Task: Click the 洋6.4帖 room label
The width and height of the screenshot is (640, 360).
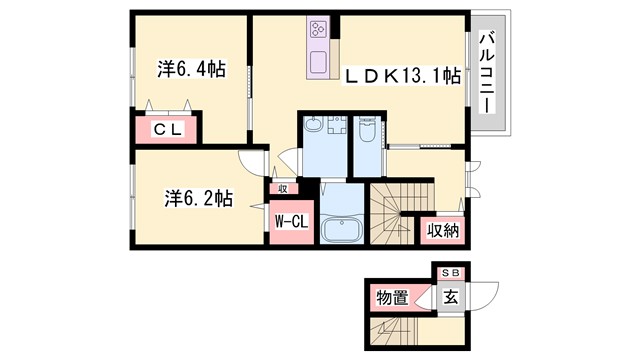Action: [x=190, y=70]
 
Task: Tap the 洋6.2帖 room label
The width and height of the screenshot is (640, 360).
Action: [x=196, y=198]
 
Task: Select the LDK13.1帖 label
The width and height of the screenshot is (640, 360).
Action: [x=403, y=75]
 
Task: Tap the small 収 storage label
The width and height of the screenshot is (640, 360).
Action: [x=283, y=187]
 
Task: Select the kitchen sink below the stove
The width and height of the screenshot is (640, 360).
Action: [x=321, y=61]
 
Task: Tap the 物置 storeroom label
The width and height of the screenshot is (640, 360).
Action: [x=393, y=297]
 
